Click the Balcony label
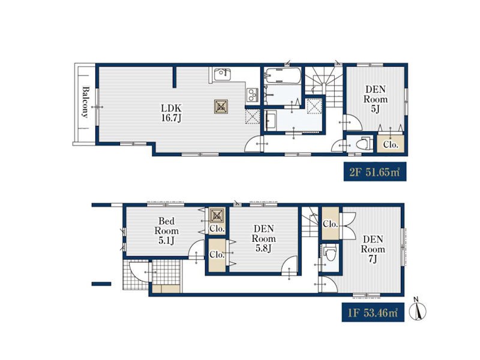[x=85, y=103]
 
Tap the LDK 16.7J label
[x=171, y=113]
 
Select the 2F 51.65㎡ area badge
[x=375, y=172]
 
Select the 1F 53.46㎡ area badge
[x=373, y=312]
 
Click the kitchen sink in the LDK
[x=222, y=74]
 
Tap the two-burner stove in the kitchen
[x=253, y=94]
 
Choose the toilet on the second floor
[x=364, y=143]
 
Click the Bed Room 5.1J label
[x=166, y=231]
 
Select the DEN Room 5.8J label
[x=263, y=238]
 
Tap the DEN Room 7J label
[x=373, y=249]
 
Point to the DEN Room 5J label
[x=376, y=99]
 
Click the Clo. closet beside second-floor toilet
[x=391, y=143]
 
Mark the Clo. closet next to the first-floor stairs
[x=330, y=223]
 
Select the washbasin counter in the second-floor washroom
[x=271, y=121]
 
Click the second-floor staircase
[x=323, y=86]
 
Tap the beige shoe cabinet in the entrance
[x=167, y=289]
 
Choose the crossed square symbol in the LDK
[x=221, y=107]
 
